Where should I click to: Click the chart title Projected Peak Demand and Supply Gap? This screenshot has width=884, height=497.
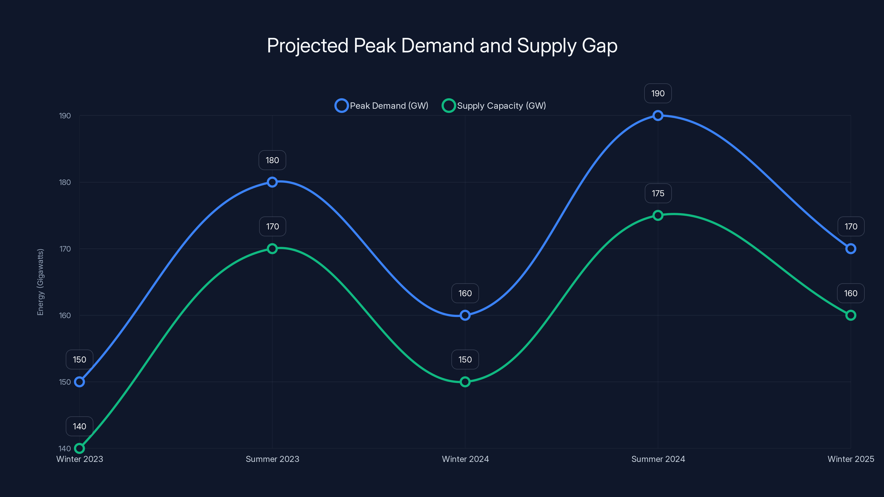click(x=442, y=46)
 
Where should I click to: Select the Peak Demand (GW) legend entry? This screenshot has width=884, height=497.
click(x=382, y=106)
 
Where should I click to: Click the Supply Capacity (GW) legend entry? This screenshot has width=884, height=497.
click(x=494, y=106)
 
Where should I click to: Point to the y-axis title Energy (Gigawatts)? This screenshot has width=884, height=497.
click(x=41, y=282)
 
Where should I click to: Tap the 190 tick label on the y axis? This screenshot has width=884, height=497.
click(x=65, y=116)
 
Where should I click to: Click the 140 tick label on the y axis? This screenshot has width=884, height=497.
click(x=65, y=448)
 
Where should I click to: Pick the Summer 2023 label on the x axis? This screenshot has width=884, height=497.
click(x=272, y=459)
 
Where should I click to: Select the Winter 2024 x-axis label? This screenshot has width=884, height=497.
click(x=465, y=459)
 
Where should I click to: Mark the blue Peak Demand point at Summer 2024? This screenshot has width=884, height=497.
click(x=658, y=116)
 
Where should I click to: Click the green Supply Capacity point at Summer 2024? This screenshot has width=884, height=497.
click(x=658, y=215)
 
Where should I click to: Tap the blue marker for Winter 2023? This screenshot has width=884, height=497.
click(x=80, y=382)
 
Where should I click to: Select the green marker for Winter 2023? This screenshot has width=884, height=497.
click(x=80, y=448)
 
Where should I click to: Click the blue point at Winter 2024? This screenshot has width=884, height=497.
click(x=465, y=315)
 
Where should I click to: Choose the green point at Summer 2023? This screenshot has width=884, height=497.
click(x=272, y=249)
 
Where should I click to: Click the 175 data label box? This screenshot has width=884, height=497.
click(x=658, y=194)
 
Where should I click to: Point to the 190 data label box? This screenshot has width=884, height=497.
click(x=658, y=93)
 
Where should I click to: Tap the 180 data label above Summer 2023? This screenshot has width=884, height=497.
click(x=272, y=160)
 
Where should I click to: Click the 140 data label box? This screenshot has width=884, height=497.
click(x=80, y=426)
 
